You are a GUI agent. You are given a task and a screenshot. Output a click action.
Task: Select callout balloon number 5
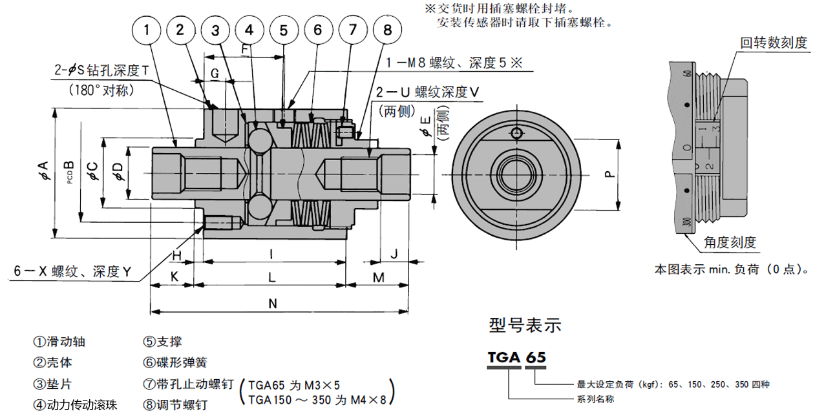point(284,30)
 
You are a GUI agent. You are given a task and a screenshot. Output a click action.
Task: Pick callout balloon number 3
point(215,30)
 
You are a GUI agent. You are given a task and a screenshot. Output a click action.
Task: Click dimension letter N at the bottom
point(272,303)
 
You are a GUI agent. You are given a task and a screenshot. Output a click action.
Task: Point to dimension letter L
point(272,278)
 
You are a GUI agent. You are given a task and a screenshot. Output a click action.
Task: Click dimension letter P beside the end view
point(608,174)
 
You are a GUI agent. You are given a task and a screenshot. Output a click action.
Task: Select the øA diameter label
point(43,171)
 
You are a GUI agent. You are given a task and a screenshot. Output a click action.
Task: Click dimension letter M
point(379,278)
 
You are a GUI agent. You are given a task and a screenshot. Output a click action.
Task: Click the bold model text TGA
point(503,357)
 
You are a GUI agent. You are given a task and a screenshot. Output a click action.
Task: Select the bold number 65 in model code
point(535,357)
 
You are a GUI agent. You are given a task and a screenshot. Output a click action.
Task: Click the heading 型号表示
point(525,325)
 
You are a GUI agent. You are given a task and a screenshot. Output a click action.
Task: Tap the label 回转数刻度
point(774,43)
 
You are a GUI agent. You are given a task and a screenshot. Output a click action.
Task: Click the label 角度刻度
point(730,242)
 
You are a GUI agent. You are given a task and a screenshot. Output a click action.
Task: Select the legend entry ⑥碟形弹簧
point(175,362)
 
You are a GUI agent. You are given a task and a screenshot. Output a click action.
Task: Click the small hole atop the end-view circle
point(515,133)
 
